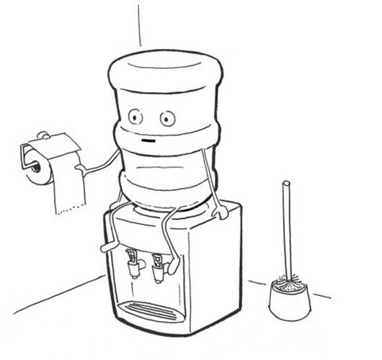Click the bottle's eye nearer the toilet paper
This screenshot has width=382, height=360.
pos(134,115)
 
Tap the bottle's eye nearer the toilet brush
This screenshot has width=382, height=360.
pos(167,117)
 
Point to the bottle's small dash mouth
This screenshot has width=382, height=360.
pos(148,142)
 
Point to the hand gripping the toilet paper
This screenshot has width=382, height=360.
pos(82,168)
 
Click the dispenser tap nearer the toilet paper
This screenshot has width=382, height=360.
pos(133,261)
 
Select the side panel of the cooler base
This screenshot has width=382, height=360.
pos(223,274)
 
